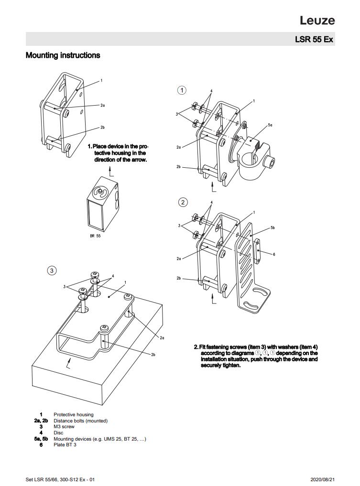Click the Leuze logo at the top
317,20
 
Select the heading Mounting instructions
63,55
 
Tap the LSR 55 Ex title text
314,39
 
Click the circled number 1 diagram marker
182,90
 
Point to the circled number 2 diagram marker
183,202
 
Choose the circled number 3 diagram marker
52,270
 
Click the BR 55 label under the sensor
95,236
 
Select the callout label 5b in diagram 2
273,228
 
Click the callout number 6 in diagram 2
274,254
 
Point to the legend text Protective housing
74,414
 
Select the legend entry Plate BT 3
65,445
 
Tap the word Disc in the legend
58,433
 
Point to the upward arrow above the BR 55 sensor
110,171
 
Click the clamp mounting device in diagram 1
256,158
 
